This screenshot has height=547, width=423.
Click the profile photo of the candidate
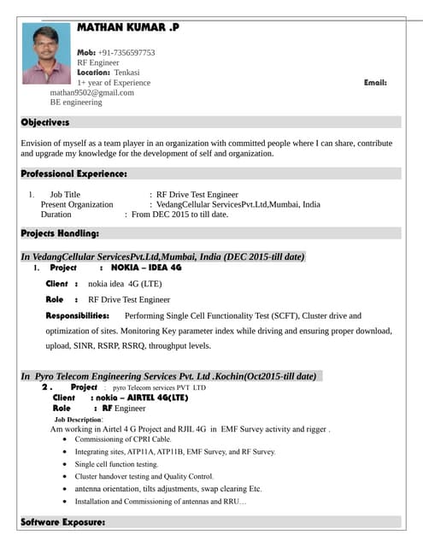tap(46, 53)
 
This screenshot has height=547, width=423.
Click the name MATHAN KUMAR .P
tap(128, 27)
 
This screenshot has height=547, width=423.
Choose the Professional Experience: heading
tap(74, 174)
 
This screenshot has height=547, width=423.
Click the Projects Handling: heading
tap(60, 232)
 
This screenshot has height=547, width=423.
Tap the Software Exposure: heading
tap(63, 521)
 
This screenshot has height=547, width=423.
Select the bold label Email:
tap(375, 83)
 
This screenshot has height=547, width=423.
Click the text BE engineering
tap(76, 103)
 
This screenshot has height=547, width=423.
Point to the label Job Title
tap(65, 195)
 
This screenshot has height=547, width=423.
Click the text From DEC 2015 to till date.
tap(179, 215)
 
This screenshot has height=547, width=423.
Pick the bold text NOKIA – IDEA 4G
tap(146, 268)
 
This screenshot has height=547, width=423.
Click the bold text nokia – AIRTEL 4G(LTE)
tap(141, 397)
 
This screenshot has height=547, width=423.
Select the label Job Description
tap(78, 420)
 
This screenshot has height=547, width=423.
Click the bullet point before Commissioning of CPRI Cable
tap(67, 440)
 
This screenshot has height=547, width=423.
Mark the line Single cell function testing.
tap(116, 464)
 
